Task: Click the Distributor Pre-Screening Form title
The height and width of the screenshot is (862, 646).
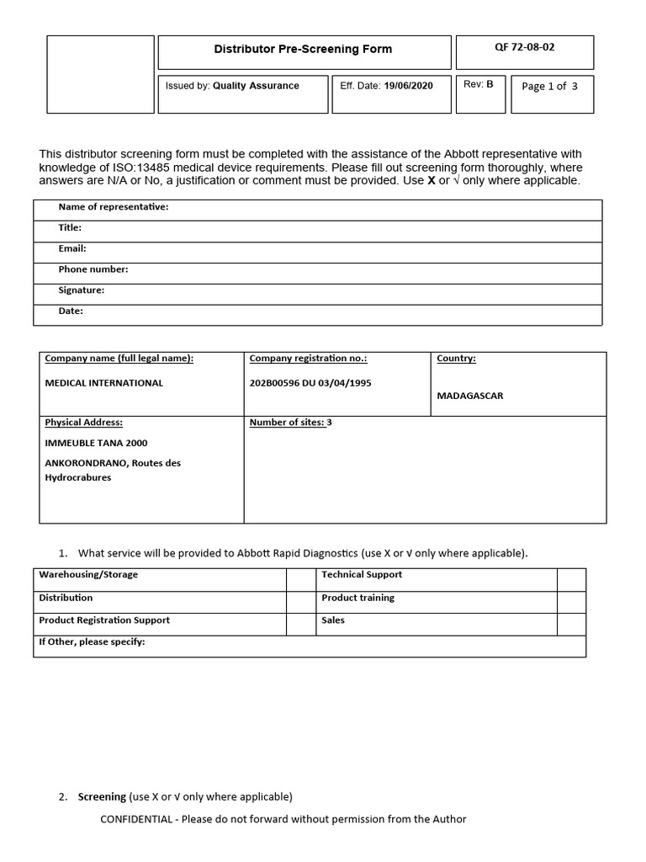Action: (x=303, y=49)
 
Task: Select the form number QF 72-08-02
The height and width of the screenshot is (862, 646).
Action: (x=524, y=47)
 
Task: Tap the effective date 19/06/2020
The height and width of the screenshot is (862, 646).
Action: (x=408, y=86)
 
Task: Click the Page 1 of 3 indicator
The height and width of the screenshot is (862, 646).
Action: (x=549, y=87)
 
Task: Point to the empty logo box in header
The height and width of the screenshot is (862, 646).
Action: (x=100, y=74)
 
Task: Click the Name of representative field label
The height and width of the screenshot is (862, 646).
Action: (x=113, y=207)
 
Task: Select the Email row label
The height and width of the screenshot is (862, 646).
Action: (x=72, y=248)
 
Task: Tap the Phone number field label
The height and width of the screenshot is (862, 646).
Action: (x=93, y=269)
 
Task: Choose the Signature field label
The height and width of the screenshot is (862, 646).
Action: (x=81, y=290)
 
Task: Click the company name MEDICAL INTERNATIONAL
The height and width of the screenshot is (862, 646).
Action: (x=103, y=383)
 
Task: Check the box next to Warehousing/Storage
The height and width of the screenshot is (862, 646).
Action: (x=299, y=579)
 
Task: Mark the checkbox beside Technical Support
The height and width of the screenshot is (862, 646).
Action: (x=571, y=579)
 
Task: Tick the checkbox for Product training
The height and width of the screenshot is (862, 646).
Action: (x=571, y=602)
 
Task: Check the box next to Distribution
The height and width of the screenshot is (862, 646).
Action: (x=299, y=602)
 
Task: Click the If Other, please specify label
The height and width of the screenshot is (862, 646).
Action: (x=92, y=642)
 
